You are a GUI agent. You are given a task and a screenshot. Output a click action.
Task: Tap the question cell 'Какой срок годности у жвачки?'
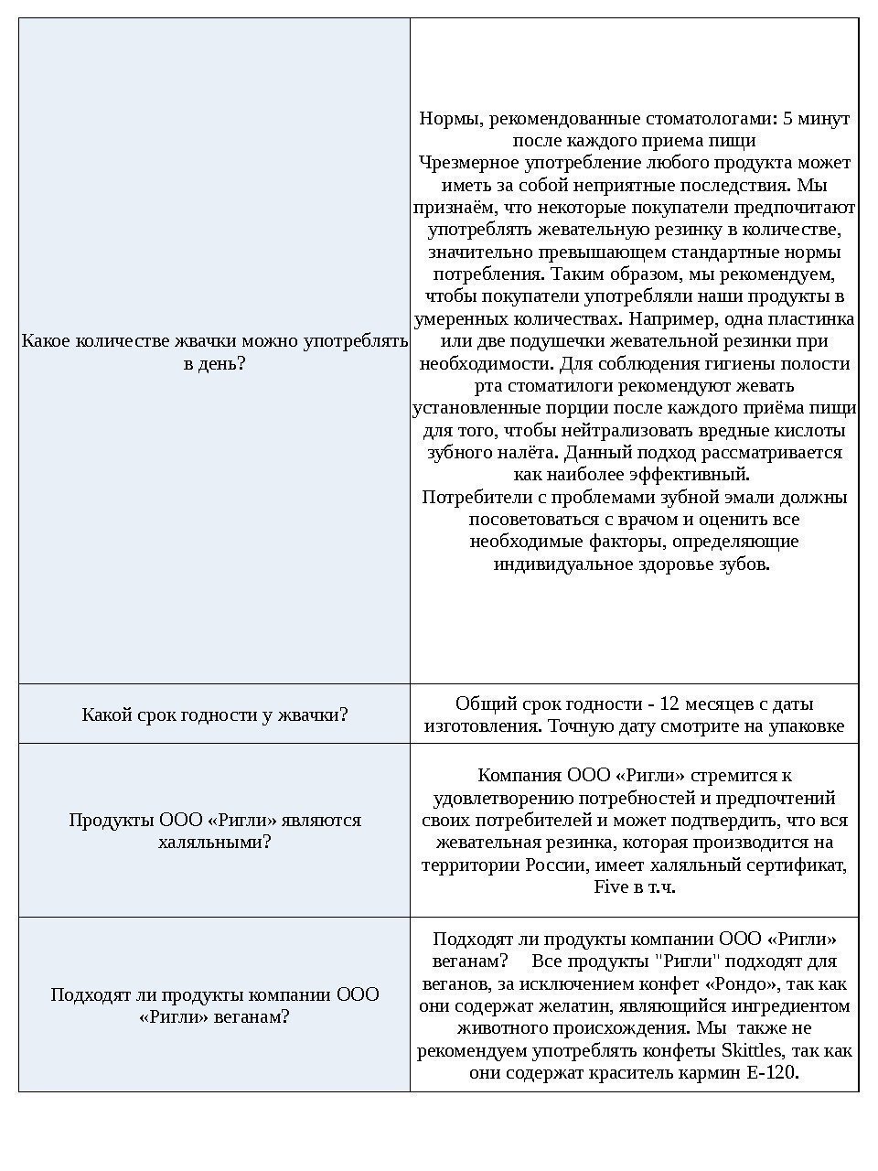click(x=215, y=714)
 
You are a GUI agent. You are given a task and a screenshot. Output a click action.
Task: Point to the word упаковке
click(x=804, y=725)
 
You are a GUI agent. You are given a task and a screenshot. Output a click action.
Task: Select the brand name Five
click(x=611, y=886)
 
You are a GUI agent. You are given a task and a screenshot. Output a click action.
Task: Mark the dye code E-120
click(x=771, y=1072)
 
